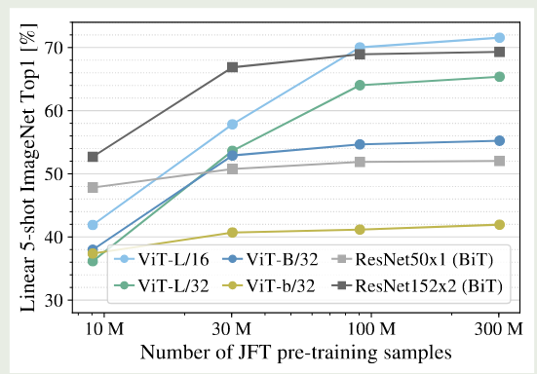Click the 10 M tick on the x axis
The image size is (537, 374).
pos(93,329)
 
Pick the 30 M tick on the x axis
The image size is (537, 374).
pos(232,329)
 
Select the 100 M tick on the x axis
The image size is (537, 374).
pos(360,329)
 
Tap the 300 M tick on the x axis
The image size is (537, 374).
pos(499,329)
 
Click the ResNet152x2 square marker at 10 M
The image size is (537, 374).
pos(93,157)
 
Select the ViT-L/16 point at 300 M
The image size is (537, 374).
pos(499,37)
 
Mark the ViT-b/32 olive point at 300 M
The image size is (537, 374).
pos(499,225)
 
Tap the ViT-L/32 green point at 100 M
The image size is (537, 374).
pos(360,85)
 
